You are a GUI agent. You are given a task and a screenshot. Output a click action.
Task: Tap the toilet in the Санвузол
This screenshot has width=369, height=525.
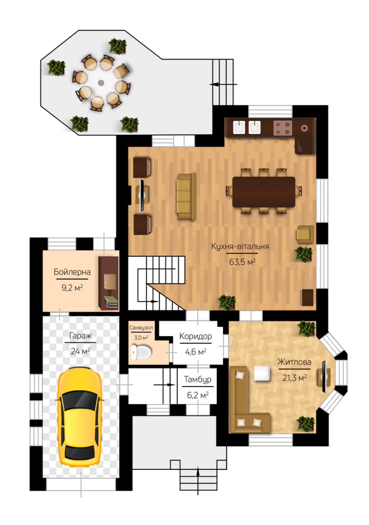[x=141, y=352]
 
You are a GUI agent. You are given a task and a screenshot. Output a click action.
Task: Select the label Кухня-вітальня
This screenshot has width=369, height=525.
[x=240, y=247]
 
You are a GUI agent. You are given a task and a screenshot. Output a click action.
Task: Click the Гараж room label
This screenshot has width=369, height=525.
[x=80, y=336]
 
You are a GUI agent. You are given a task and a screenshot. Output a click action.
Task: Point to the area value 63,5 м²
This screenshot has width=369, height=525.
[x=242, y=262]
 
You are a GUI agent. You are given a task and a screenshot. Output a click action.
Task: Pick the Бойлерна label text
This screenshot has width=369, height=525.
[x=72, y=272]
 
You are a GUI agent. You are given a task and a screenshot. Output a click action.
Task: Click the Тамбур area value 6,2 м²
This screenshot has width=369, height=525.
[x=198, y=395]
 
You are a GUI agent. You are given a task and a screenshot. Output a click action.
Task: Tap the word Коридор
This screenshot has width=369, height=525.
[x=195, y=336]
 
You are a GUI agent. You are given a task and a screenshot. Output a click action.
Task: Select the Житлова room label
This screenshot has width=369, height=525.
[x=294, y=362]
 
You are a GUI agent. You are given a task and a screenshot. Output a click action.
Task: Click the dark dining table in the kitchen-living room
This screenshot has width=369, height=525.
[x=264, y=192]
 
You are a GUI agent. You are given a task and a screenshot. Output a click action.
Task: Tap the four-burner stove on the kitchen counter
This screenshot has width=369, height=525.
[x=283, y=128]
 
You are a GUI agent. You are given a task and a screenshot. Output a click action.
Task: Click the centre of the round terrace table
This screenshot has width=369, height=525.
[x=101, y=82]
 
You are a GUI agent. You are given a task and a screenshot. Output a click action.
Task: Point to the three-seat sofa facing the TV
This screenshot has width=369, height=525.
[x=186, y=196]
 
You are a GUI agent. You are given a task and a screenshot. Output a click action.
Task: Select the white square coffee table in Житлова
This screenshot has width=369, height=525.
[x=262, y=373]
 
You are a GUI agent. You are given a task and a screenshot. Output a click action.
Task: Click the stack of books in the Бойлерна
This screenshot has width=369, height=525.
[x=111, y=302]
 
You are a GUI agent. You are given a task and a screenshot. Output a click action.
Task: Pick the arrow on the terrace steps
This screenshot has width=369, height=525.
[x=223, y=84]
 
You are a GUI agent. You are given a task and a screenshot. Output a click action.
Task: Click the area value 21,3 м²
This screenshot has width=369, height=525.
[x=294, y=377]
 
